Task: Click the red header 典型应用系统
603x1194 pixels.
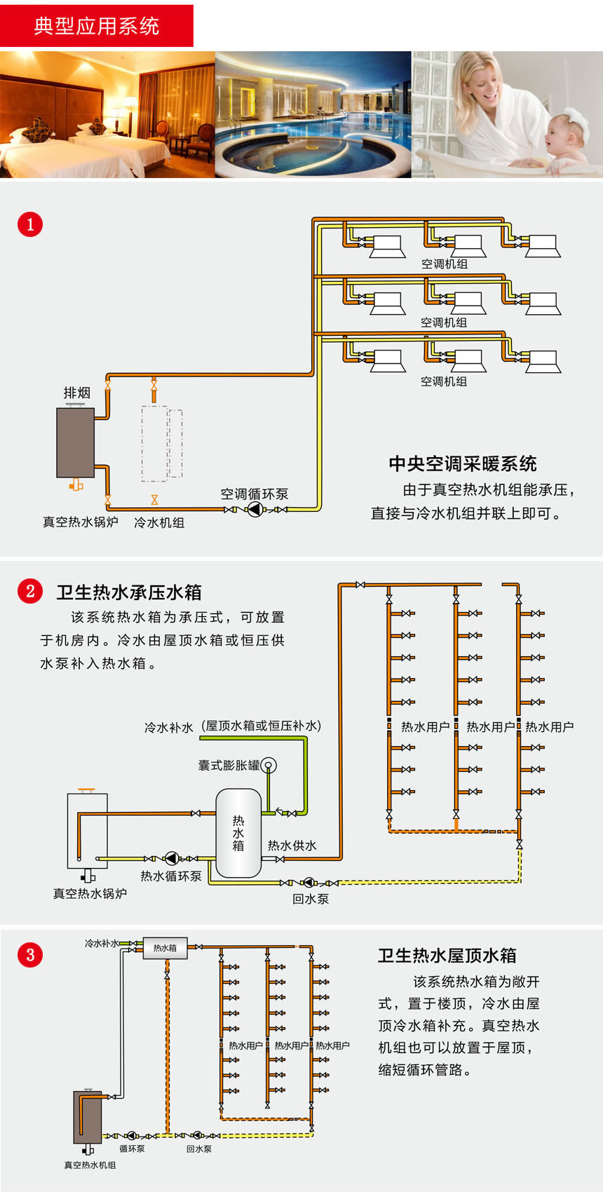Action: pos(97,26)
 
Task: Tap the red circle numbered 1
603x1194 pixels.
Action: pos(30,224)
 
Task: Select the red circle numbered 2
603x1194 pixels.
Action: pos(30,591)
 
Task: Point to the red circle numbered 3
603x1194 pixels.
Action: pos(30,954)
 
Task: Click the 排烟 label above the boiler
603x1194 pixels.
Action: pos(76,393)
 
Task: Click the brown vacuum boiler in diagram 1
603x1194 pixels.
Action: pos(76,442)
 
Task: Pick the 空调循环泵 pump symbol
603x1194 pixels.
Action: pos(255,510)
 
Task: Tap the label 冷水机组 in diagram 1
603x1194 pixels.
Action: pos(159,522)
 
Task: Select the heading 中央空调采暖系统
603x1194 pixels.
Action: pos(463,463)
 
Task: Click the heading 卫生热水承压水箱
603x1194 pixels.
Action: pos(129,592)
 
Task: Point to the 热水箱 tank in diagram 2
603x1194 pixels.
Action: pos(238,833)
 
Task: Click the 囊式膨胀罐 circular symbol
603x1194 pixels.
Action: pos(269,765)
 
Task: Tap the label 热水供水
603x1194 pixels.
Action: pos(292,846)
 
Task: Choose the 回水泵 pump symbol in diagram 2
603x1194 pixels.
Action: pos(309,883)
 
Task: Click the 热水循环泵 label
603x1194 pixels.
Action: pos(171,876)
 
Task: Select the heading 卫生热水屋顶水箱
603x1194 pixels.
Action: pos(447,956)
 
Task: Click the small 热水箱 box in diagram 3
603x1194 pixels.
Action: pos(165,948)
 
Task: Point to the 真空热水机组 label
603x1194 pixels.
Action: pos(90,1165)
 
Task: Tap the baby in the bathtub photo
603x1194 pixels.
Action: pos(568,140)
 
